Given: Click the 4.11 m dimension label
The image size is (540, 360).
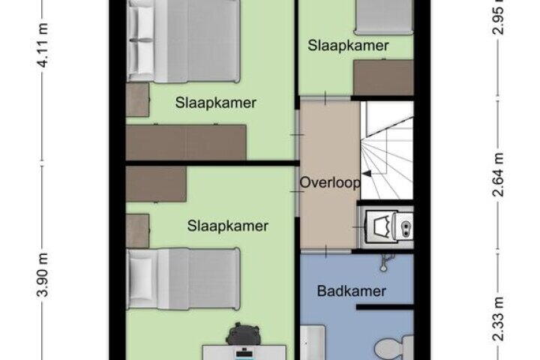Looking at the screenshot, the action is pos(42,45).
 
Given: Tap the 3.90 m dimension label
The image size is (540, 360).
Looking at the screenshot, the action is pos(42,274).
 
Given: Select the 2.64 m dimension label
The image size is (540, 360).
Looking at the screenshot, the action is pos(498,174).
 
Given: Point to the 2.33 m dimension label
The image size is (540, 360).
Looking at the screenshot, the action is pos(498,319).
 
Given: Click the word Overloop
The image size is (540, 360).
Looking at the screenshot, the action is pos(329,182).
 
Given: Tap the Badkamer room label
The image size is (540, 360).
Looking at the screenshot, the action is pos(351,291).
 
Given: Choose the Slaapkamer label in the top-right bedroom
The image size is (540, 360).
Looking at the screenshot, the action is pos(348,46).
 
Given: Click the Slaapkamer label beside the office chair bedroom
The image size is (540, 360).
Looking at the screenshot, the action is pos(228,226).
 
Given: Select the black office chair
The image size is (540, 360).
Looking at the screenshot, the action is pos(243,334).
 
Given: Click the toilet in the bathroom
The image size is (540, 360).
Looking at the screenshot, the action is pos(393,348).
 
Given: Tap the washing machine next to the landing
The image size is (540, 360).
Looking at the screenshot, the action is pos(385,226).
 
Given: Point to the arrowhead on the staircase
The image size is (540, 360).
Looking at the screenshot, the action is pos(367,174).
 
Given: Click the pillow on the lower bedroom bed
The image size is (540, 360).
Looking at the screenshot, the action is pos(140,278).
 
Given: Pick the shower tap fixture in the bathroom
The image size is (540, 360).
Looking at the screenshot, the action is pos(385,262).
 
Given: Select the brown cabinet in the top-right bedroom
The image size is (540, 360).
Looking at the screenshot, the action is pos(383,77).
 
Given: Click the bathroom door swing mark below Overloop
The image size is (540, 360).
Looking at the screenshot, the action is pos(325,250).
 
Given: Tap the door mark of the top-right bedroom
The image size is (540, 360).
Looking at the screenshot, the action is pos(325,98).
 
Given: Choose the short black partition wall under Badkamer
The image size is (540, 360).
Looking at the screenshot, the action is pos(385,307).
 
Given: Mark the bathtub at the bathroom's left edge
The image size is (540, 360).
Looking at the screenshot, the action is pos(313,343).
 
